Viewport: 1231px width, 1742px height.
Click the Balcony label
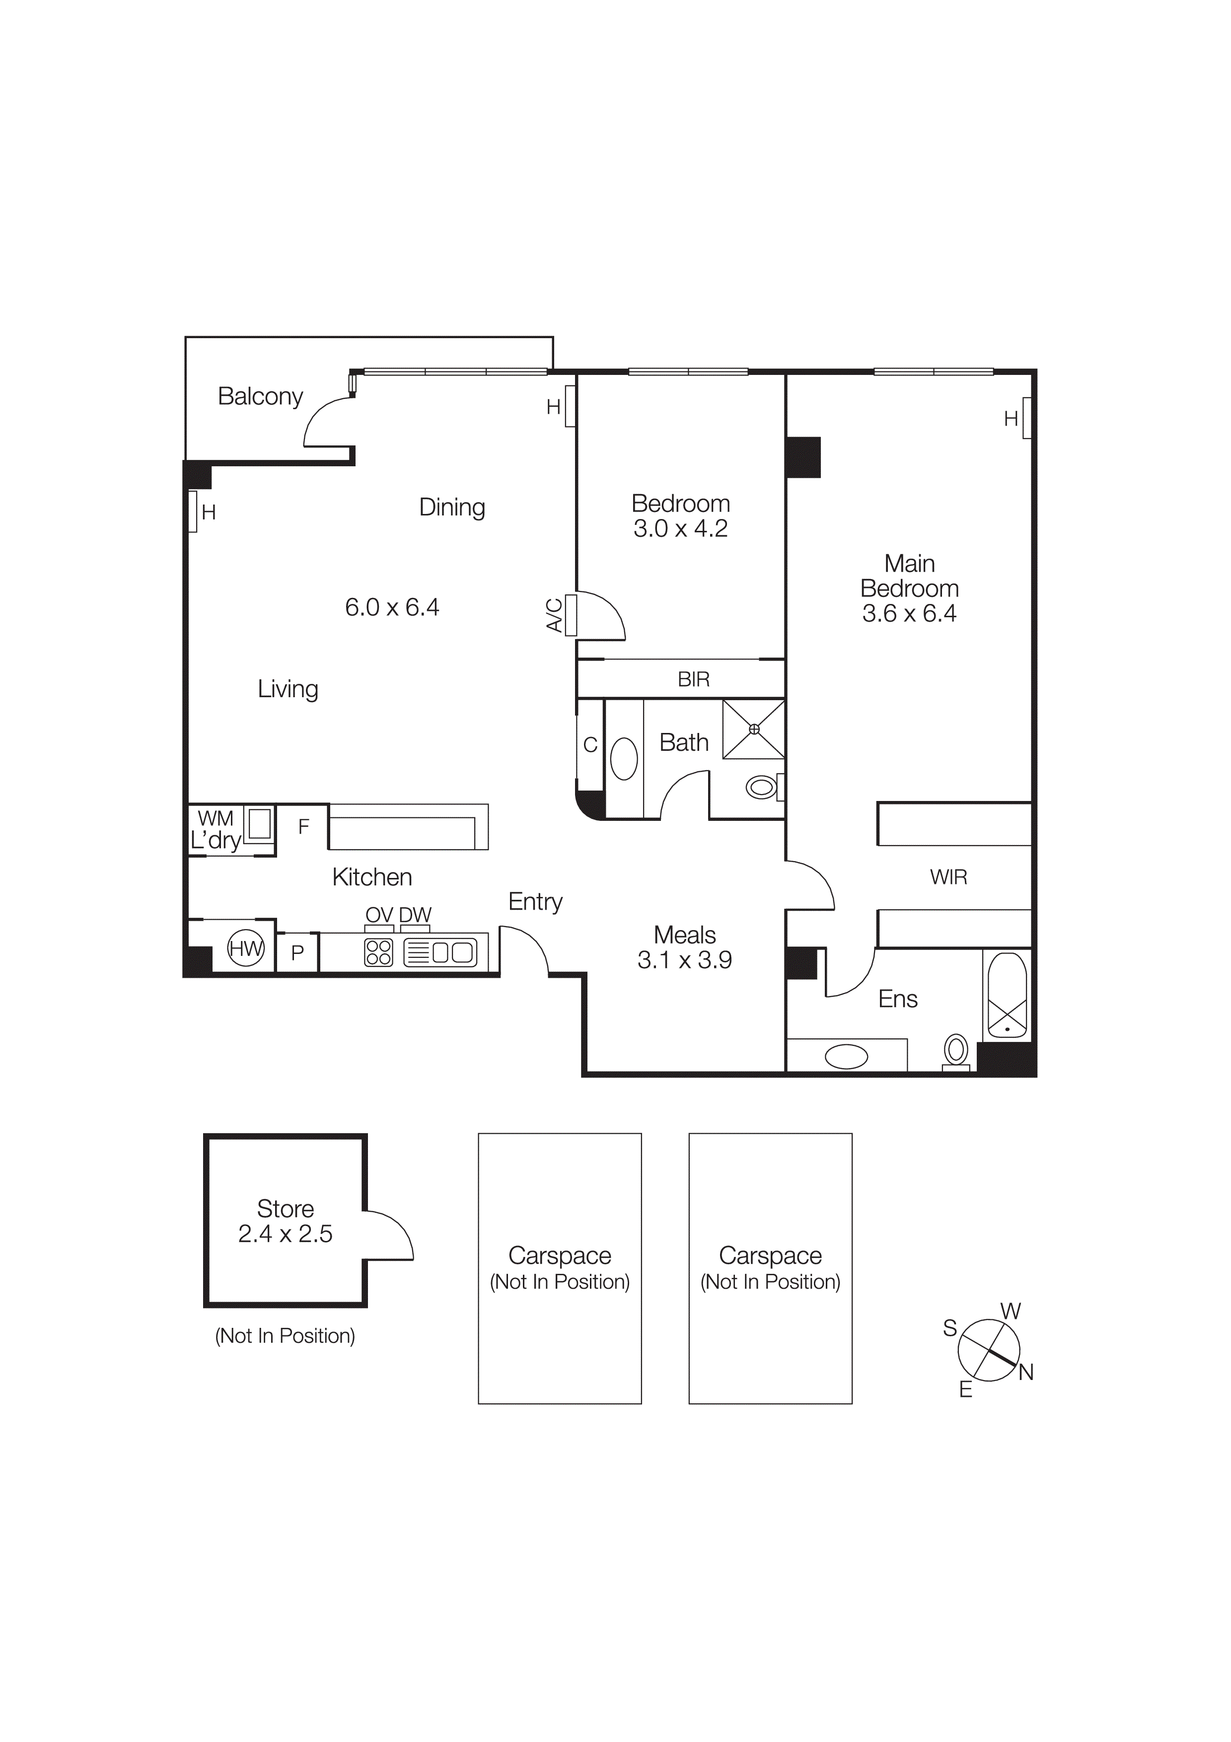coord(260,396)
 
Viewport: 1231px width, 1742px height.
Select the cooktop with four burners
coord(378,952)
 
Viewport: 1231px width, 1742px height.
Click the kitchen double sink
coord(453,952)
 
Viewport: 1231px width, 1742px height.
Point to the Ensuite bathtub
coord(1007,996)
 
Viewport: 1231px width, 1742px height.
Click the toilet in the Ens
coord(956,1052)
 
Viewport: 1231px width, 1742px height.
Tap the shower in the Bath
coord(753,729)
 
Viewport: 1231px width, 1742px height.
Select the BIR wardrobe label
coord(693,679)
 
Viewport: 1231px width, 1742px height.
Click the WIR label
coord(948,877)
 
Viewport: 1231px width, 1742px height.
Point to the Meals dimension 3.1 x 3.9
coord(684,960)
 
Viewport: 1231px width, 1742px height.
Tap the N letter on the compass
coord(1025,1372)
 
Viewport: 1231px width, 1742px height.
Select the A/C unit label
coord(555,615)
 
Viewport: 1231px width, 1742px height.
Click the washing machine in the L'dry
coord(259,823)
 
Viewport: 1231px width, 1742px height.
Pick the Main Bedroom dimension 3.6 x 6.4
coord(909,613)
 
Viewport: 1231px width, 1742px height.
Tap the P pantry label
coord(297,952)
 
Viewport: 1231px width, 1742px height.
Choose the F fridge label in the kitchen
coord(303,826)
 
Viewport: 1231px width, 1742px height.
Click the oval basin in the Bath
coord(624,759)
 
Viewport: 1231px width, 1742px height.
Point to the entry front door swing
coord(528,948)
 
